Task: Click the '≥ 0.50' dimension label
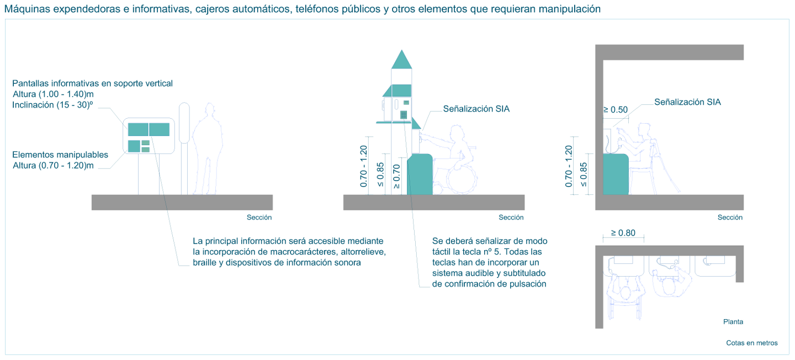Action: (x=615, y=109)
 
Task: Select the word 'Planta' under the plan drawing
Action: (x=733, y=321)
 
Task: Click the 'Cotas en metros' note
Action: (x=751, y=343)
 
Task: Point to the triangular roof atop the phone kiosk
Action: (x=402, y=60)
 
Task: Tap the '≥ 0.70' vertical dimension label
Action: (x=396, y=176)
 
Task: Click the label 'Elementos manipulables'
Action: (x=60, y=155)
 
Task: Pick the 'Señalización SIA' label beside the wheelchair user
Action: (x=476, y=109)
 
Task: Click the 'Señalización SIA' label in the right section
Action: (x=687, y=102)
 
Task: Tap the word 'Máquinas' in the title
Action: (x=25, y=9)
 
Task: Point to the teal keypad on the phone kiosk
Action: (x=404, y=114)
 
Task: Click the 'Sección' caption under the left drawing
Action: (x=259, y=218)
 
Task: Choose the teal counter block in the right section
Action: (x=616, y=174)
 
